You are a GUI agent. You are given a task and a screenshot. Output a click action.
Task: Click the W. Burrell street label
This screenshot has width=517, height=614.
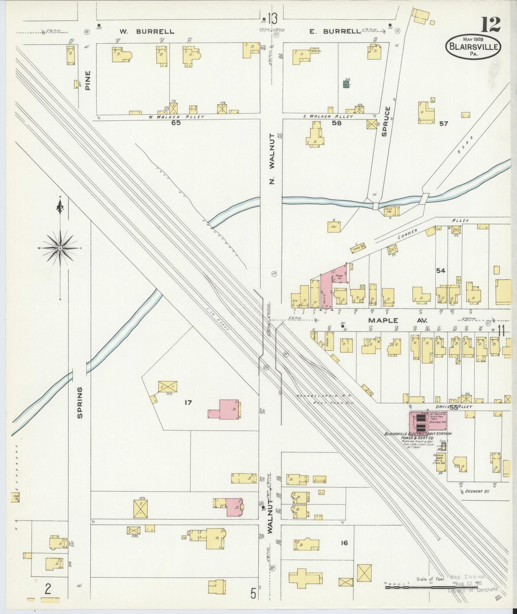click(x=147, y=32)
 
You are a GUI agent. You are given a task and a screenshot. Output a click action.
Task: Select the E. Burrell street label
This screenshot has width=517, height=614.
click(x=335, y=32)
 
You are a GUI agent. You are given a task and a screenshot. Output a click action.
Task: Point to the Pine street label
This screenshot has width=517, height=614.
click(x=88, y=80)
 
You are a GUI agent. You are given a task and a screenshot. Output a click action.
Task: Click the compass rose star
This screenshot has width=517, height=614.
click(x=60, y=248)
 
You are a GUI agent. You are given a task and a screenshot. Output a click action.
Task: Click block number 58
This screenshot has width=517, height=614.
click(x=337, y=123)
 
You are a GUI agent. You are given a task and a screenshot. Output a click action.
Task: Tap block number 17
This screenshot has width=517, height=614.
click(x=188, y=403)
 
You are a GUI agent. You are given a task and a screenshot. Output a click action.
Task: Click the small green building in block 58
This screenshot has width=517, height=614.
click(x=346, y=84)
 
